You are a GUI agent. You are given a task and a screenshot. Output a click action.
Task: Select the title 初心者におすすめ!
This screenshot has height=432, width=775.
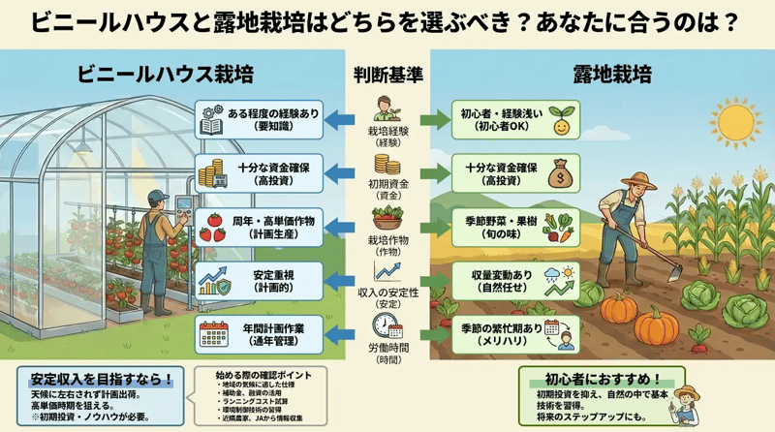602,379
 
